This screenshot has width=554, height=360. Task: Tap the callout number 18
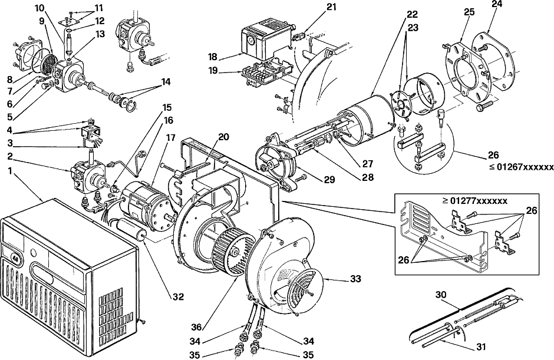(213, 57)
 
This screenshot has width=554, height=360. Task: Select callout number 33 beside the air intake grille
(356, 279)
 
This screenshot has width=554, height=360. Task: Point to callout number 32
(179, 297)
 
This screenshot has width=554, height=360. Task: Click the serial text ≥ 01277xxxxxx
(475, 201)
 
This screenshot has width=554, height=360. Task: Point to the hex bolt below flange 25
(483, 106)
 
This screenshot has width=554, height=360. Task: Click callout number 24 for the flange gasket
(497, 4)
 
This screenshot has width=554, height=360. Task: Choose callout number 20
(223, 137)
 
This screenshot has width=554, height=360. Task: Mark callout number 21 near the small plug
(331, 7)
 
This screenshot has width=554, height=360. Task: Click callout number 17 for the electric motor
(170, 137)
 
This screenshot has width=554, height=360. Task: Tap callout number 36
(196, 328)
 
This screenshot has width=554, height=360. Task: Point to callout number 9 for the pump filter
(42, 21)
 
